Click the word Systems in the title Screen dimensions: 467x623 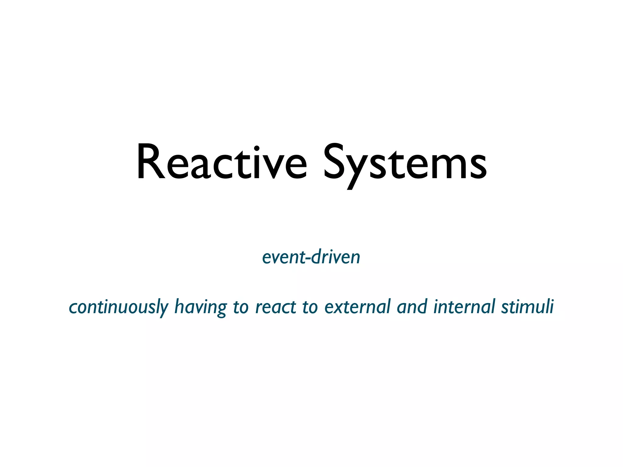[x=405, y=164]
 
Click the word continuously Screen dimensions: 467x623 [x=119, y=307]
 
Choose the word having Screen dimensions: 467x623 [x=200, y=307]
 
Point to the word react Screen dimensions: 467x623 [x=276, y=307]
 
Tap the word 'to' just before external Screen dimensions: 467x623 [x=310, y=307]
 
